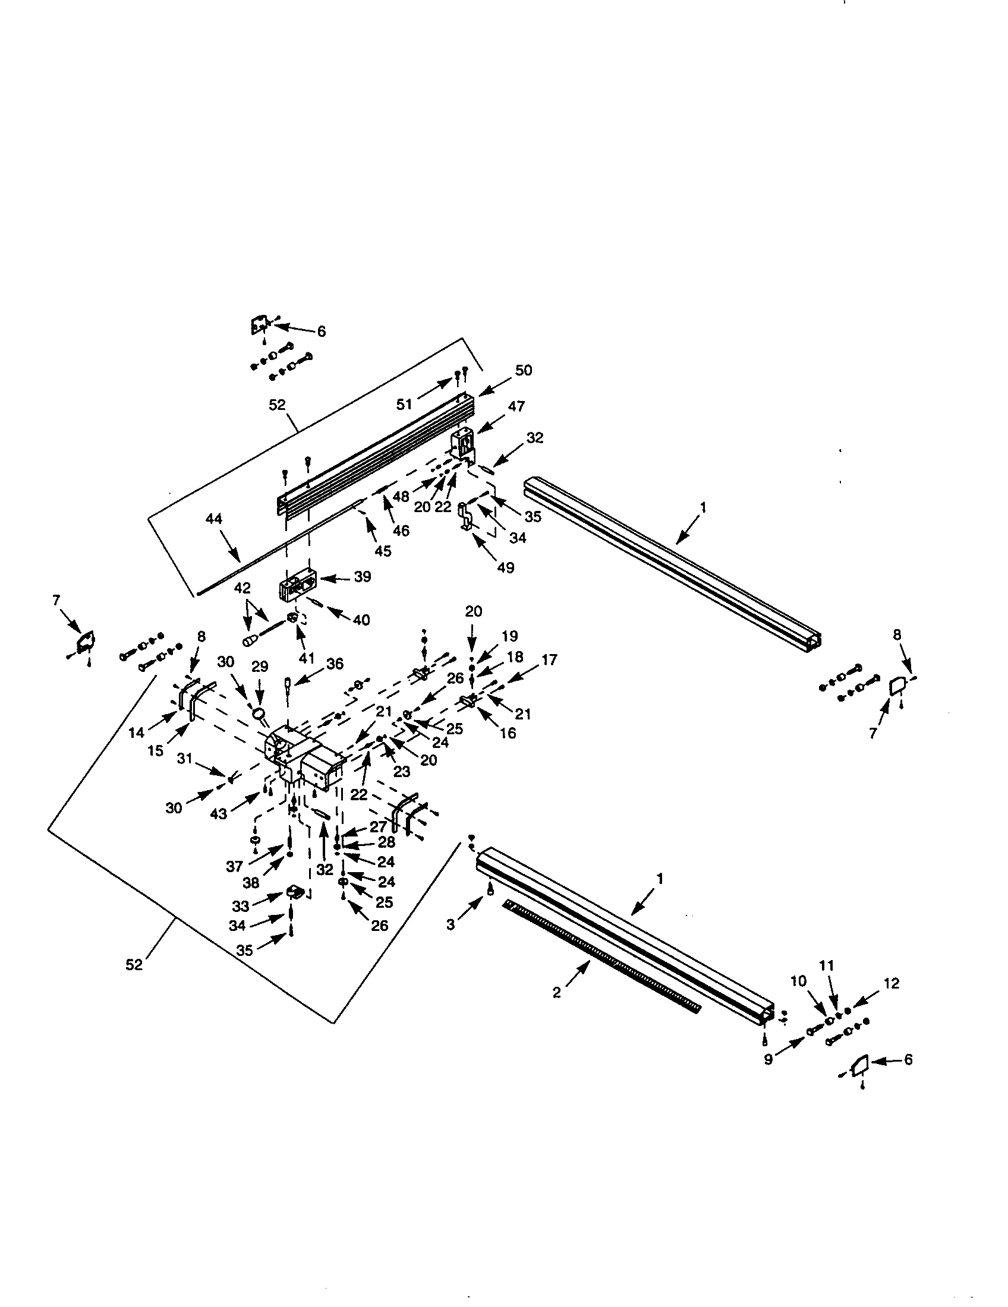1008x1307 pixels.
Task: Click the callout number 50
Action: pyautogui.click(x=523, y=371)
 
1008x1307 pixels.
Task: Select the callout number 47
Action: pyautogui.click(x=516, y=406)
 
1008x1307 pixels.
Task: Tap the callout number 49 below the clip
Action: pyautogui.click(x=506, y=567)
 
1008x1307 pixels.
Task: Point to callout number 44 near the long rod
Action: pyautogui.click(x=214, y=519)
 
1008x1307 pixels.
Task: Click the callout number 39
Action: pyautogui.click(x=363, y=577)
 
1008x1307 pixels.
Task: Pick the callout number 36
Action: pyautogui.click(x=335, y=664)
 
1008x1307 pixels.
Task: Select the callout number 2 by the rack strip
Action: pyautogui.click(x=557, y=993)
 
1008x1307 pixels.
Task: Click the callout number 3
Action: pyautogui.click(x=451, y=924)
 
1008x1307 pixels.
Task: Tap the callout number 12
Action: pyautogui.click(x=892, y=983)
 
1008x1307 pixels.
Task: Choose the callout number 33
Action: pyautogui.click(x=241, y=906)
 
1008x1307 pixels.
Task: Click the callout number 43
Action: pyautogui.click(x=220, y=814)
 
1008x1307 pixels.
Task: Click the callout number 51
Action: pyautogui.click(x=405, y=404)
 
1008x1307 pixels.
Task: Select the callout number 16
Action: pyautogui.click(x=508, y=733)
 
